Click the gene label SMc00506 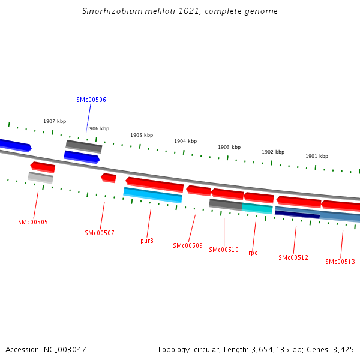point(91,100)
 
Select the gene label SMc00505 point(33,222)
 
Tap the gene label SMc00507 point(100,233)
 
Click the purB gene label point(147,241)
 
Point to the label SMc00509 point(188,245)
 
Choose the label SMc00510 point(224,250)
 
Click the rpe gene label point(253,253)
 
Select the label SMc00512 point(293,257)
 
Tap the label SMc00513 point(340,262)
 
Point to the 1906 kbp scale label point(98,128)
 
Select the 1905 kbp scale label point(142,135)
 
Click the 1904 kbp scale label point(185,141)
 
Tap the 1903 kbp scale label point(229,147)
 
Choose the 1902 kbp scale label point(273,152)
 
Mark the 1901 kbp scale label point(317,156)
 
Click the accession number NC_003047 point(65,349)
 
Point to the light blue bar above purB point(152,195)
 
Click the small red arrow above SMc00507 point(109,178)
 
